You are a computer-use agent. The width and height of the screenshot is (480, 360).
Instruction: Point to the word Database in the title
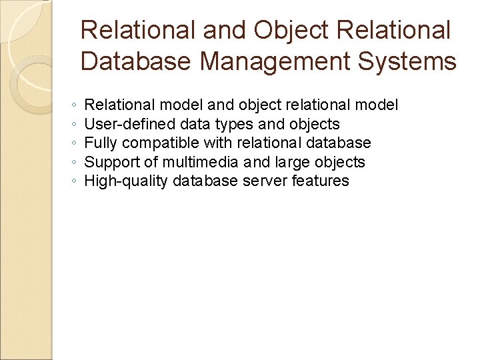(137, 62)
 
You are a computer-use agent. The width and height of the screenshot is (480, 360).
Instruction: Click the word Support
(113, 162)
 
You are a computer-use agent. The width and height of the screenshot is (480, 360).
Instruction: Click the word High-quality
(126, 181)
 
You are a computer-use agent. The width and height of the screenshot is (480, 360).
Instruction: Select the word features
(321, 181)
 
